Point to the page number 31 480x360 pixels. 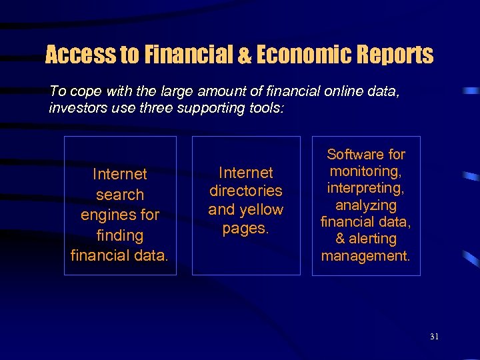click(434, 337)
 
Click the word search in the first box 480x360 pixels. click(120, 195)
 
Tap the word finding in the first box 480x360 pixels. click(120, 235)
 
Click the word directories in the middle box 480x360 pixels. click(246, 191)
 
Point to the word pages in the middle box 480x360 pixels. click(244, 228)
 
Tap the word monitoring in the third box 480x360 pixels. click(365, 171)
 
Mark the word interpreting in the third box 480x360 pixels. click(365, 188)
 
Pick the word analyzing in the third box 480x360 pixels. click(366, 205)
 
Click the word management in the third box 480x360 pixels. click(365, 255)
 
